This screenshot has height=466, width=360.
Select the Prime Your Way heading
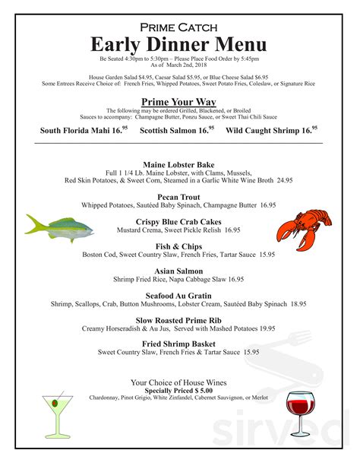178,102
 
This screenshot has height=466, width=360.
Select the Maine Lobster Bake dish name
178,164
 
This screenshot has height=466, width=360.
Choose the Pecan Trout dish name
178,196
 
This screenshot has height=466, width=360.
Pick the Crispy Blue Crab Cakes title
178,221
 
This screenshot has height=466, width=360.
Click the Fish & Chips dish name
178,246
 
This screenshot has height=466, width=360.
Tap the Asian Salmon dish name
178,271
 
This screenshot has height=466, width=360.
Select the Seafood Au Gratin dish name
178,295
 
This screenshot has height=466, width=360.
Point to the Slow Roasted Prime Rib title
178,320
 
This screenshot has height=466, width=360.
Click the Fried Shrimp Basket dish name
178,344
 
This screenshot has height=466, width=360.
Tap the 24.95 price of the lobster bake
284,181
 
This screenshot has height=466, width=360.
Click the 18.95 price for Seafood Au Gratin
297,304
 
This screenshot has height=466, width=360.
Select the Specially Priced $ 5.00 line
178,391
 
